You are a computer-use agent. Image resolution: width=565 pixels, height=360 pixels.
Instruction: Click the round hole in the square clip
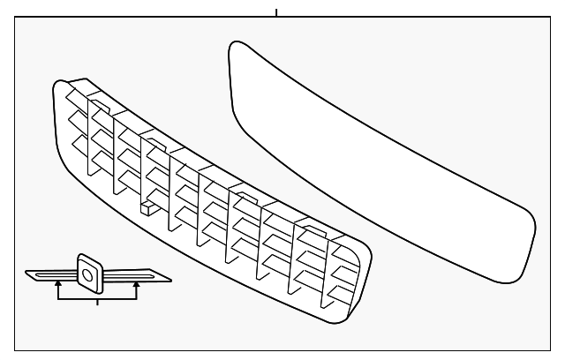click(87, 276)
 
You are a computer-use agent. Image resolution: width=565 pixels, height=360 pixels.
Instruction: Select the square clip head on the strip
click(88, 273)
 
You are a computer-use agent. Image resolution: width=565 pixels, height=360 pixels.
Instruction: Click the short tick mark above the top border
click(276, 12)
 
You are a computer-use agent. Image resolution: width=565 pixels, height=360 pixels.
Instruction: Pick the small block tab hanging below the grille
click(147, 209)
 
